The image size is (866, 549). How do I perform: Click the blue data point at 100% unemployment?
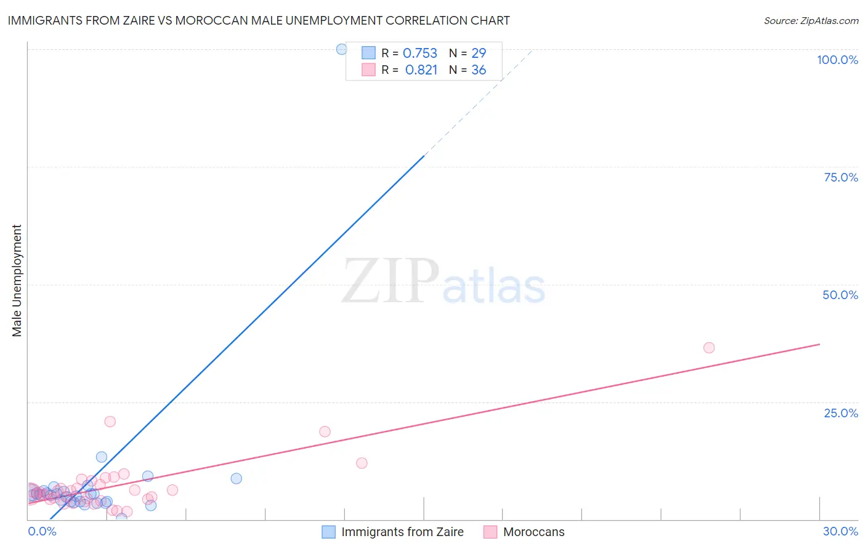(x=341, y=49)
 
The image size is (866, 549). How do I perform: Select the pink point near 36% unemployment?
(x=709, y=348)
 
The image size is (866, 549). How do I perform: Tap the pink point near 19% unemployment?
(x=325, y=431)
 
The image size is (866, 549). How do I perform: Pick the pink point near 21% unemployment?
(x=110, y=422)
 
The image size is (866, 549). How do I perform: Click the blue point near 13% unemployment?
(x=102, y=457)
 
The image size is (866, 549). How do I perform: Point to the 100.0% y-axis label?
(x=837, y=60)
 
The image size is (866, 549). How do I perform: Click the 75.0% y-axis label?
(x=841, y=177)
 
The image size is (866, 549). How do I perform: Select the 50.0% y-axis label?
(x=840, y=295)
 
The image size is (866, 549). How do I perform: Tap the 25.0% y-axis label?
(x=841, y=412)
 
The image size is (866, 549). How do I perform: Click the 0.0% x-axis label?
(x=42, y=531)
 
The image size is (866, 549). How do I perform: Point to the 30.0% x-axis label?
(x=840, y=531)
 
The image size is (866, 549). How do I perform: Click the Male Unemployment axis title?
(x=17, y=281)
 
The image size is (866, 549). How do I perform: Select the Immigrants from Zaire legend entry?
(x=402, y=532)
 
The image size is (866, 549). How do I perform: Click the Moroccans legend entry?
(x=533, y=532)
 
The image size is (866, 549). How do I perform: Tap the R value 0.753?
(x=419, y=54)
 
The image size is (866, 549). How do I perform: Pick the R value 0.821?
(x=421, y=70)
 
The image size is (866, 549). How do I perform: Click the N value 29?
(x=479, y=54)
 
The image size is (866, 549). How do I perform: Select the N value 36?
(x=479, y=70)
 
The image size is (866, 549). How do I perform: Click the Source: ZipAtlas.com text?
(x=811, y=21)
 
